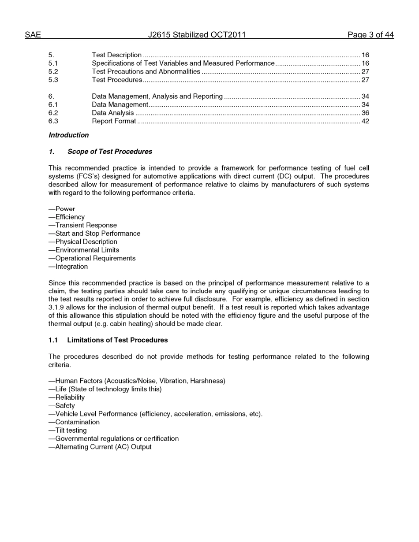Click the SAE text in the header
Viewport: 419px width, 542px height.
click(33, 35)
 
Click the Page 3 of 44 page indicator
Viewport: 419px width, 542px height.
click(370, 35)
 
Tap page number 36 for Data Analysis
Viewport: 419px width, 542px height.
click(365, 113)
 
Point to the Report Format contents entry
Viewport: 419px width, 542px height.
click(114, 121)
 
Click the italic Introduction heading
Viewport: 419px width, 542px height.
click(68, 135)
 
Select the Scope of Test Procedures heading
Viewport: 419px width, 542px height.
click(109, 152)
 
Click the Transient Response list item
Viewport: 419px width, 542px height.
click(86, 225)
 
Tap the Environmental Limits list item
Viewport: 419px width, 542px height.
click(87, 250)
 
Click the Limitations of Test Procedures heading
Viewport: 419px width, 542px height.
click(117, 340)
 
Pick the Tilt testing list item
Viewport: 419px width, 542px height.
click(71, 430)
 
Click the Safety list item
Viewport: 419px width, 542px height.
click(64, 405)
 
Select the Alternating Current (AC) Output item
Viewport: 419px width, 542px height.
click(103, 447)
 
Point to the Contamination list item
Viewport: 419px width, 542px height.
click(77, 422)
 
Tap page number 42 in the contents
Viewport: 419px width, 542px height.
click(365, 121)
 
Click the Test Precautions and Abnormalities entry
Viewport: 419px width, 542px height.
click(146, 71)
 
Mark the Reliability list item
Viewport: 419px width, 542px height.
click(70, 397)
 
